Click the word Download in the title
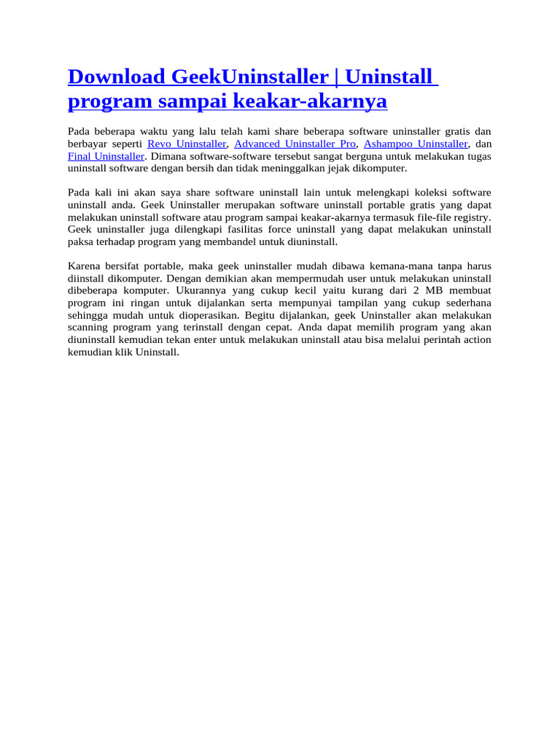(107, 77)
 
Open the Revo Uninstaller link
(187, 144)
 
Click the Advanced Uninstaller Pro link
(295, 144)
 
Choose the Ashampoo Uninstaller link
(416, 144)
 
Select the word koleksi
(435, 192)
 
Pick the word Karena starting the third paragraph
(84, 266)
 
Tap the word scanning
(89, 328)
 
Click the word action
(476, 340)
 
